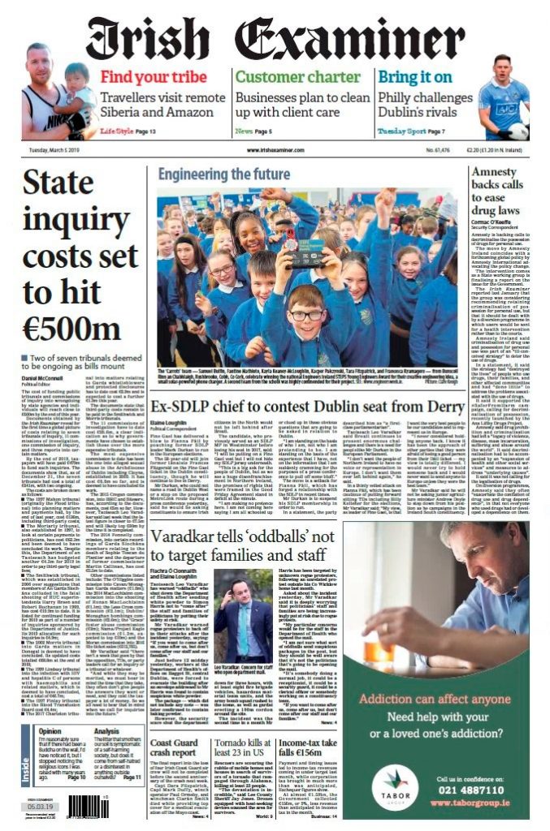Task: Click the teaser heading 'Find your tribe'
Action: (x=147, y=77)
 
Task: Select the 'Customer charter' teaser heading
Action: (x=287, y=77)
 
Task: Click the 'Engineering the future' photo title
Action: (x=223, y=174)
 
